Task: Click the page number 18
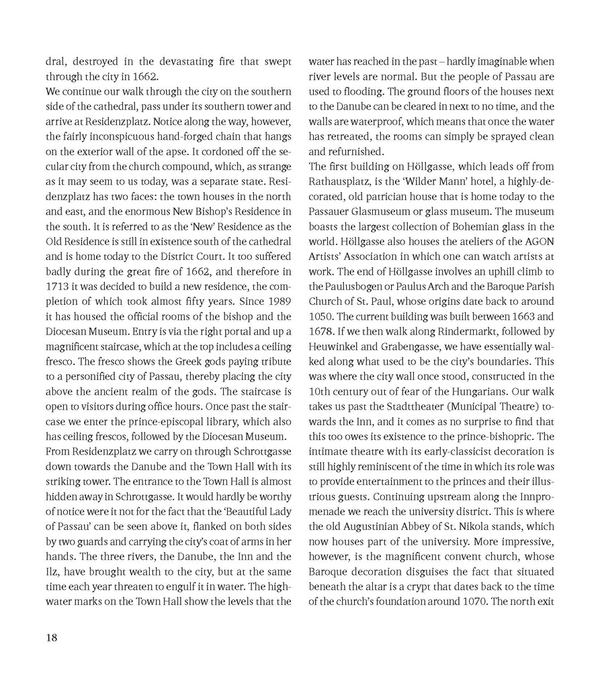(52, 638)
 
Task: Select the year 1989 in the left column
(279, 301)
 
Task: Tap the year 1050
(320, 316)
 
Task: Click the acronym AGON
(537, 241)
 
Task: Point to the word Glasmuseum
(381, 211)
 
